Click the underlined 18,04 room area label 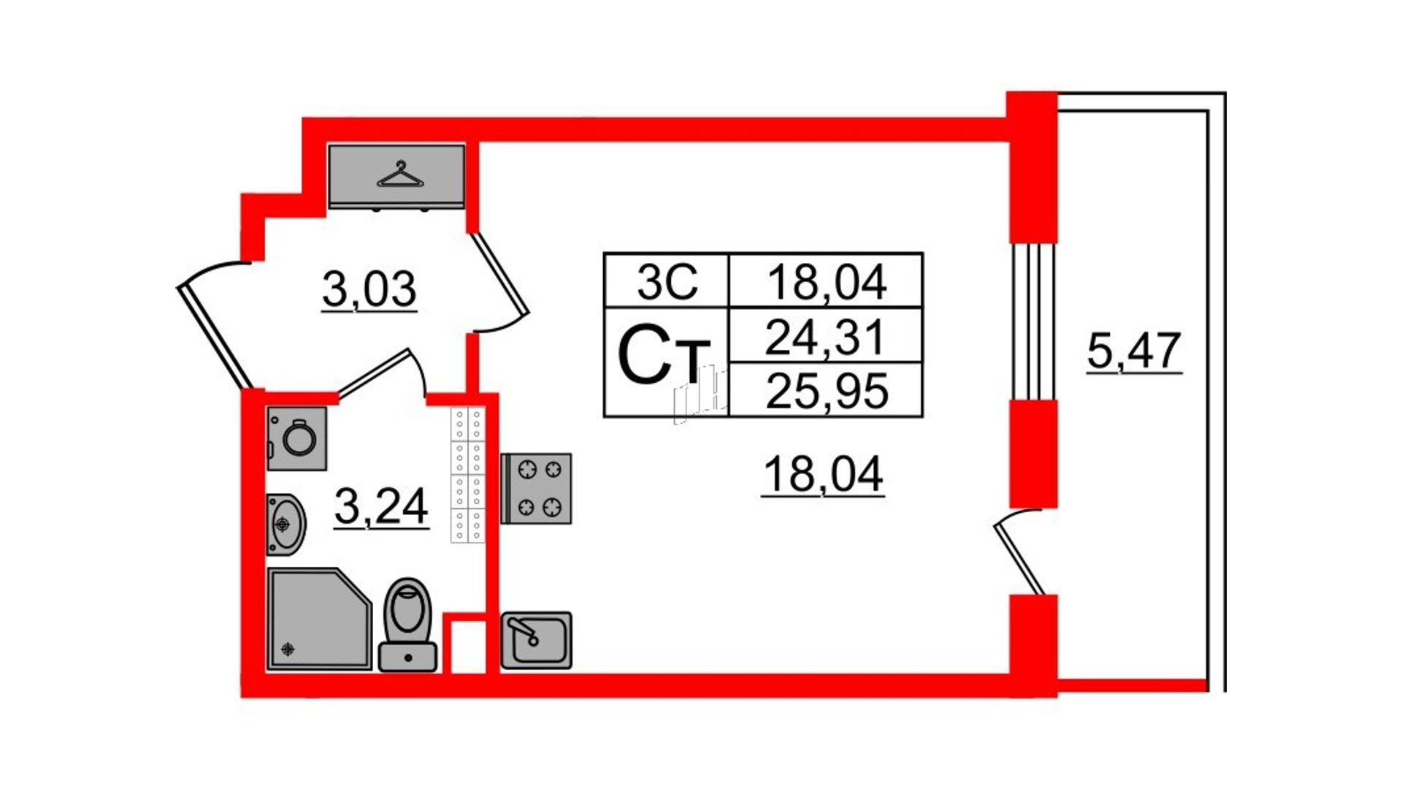click(823, 474)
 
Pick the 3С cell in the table click(667, 281)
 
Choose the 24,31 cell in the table click(826, 335)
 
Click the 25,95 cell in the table click(826, 389)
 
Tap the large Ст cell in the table click(667, 362)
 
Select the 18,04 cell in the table click(826, 281)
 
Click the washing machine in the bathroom click(296, 438)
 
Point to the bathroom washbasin click(286, 525)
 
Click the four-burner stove click(537, 489)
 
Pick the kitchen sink click(537, 641)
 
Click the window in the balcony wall click(1033, 321)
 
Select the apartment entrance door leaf click(214, 336)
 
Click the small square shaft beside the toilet click(465, 645)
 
